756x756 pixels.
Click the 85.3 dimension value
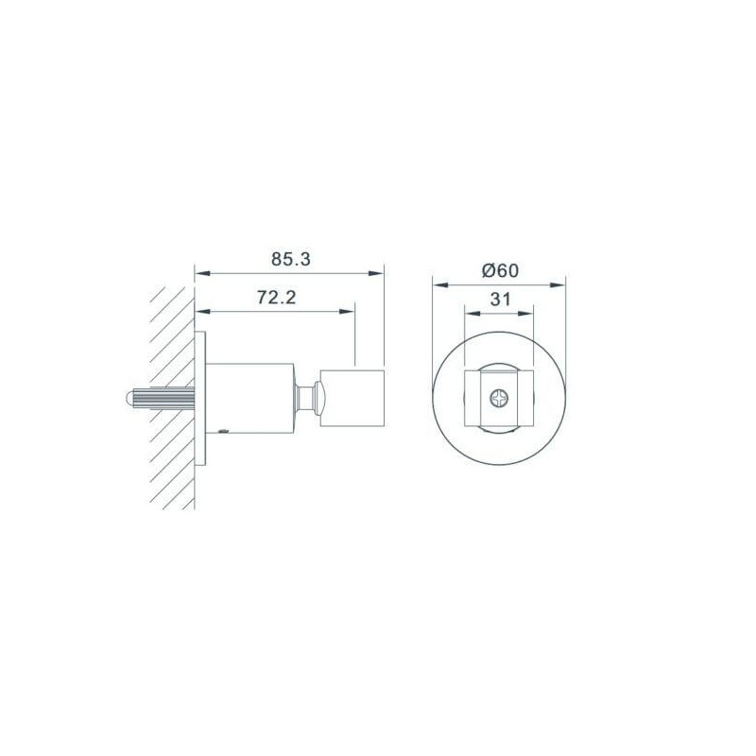click(291, 259)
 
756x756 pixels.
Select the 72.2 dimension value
click(276, 298)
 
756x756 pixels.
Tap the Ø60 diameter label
click(501, 270)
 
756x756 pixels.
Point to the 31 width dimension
click(500, 300)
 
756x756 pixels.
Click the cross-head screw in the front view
click(499, 398)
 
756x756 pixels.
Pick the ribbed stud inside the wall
click(160, 398)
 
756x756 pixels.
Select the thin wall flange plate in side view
click(200, 398)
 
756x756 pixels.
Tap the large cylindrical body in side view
click(249, 398)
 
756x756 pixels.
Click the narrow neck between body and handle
click(304, 398)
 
